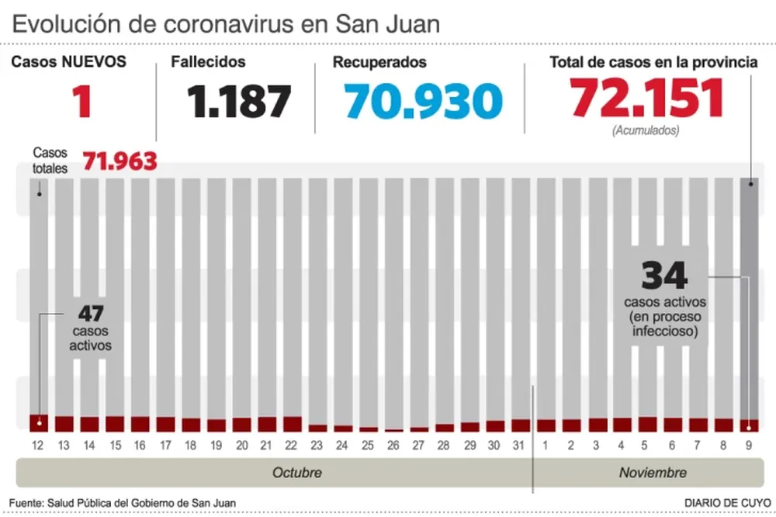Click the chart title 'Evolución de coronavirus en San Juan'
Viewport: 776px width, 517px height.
coord(226,23)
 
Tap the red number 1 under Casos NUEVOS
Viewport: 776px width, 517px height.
coord(81,102)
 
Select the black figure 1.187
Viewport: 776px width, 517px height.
coord(239,102)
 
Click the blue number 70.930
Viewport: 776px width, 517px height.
coord(423,102)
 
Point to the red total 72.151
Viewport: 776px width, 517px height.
coord(646,99)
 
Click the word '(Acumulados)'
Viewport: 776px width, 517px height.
coord(646,131)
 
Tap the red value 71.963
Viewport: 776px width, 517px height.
coord(120,161)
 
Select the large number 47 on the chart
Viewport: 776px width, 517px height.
coord(92,314)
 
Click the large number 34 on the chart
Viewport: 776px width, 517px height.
coord(665,276)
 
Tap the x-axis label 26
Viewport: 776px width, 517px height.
coord(393,446)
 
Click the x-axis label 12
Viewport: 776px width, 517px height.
coord(38,446)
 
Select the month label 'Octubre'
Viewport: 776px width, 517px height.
coord(296,473)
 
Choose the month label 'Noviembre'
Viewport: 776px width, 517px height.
coord(653,473)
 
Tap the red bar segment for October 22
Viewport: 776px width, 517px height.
coord(292,424)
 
